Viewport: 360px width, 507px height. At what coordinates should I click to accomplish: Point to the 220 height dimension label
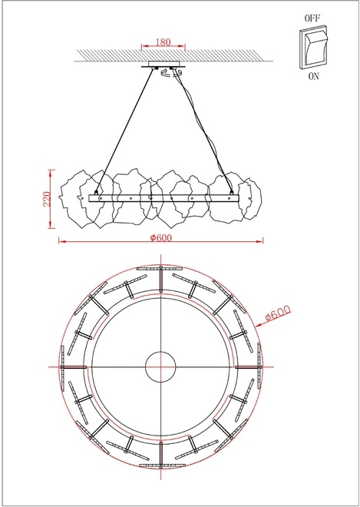47,199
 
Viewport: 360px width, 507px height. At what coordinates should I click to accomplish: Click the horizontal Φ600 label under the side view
161,237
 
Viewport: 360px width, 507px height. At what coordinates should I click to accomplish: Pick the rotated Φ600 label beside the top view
276,313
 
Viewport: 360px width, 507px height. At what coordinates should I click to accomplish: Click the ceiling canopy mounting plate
163,65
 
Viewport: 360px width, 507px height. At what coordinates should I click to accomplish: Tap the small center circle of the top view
161,366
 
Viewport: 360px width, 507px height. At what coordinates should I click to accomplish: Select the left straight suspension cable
127,131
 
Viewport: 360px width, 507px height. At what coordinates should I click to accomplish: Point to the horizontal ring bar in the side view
161,198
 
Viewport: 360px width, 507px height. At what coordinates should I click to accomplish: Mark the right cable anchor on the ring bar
232,192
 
